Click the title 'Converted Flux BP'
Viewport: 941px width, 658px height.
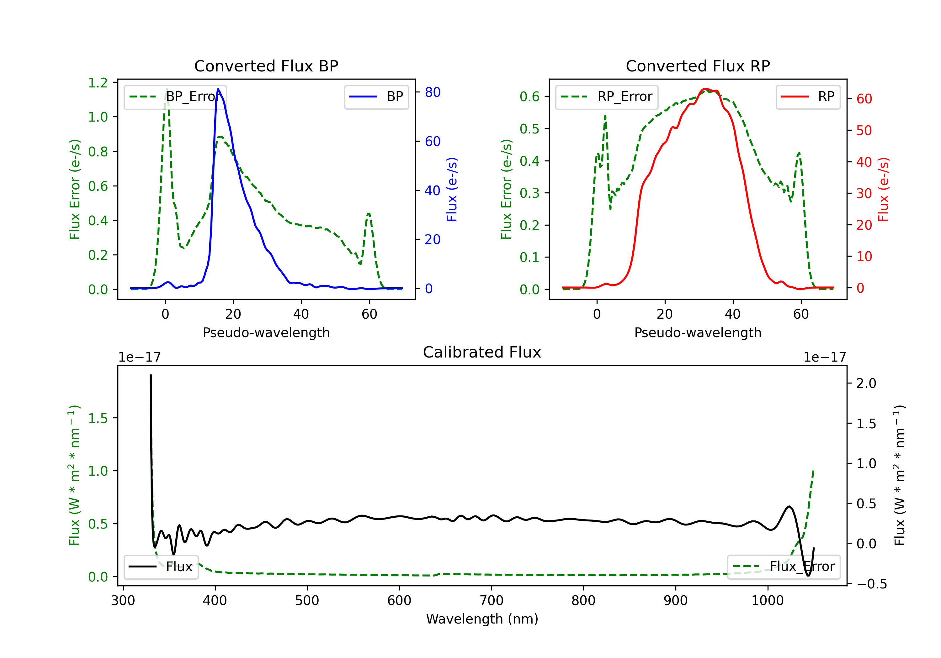[266, 66]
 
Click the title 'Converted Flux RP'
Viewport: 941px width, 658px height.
[698, 66]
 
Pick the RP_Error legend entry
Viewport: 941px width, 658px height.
[607, 97]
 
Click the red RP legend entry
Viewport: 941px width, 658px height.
[808, 97]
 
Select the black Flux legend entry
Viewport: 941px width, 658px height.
[161, 567]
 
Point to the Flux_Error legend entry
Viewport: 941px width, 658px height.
[784, 567]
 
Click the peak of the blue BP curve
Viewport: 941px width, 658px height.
[218, 89]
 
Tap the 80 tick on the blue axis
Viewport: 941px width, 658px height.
[432, 92]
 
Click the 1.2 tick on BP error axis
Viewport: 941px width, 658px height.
[98, 83]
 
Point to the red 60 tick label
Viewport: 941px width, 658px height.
[864, 99]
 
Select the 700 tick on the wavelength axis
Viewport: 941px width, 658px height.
[492, 601]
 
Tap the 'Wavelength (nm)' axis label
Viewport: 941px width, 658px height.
[482, 619]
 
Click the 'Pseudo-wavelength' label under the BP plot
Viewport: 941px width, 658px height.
[266, 332]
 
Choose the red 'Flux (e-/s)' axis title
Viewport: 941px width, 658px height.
[883, 189]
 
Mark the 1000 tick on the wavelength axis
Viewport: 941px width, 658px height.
[768, 601]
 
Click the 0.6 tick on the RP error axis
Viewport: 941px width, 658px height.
[529, 97]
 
